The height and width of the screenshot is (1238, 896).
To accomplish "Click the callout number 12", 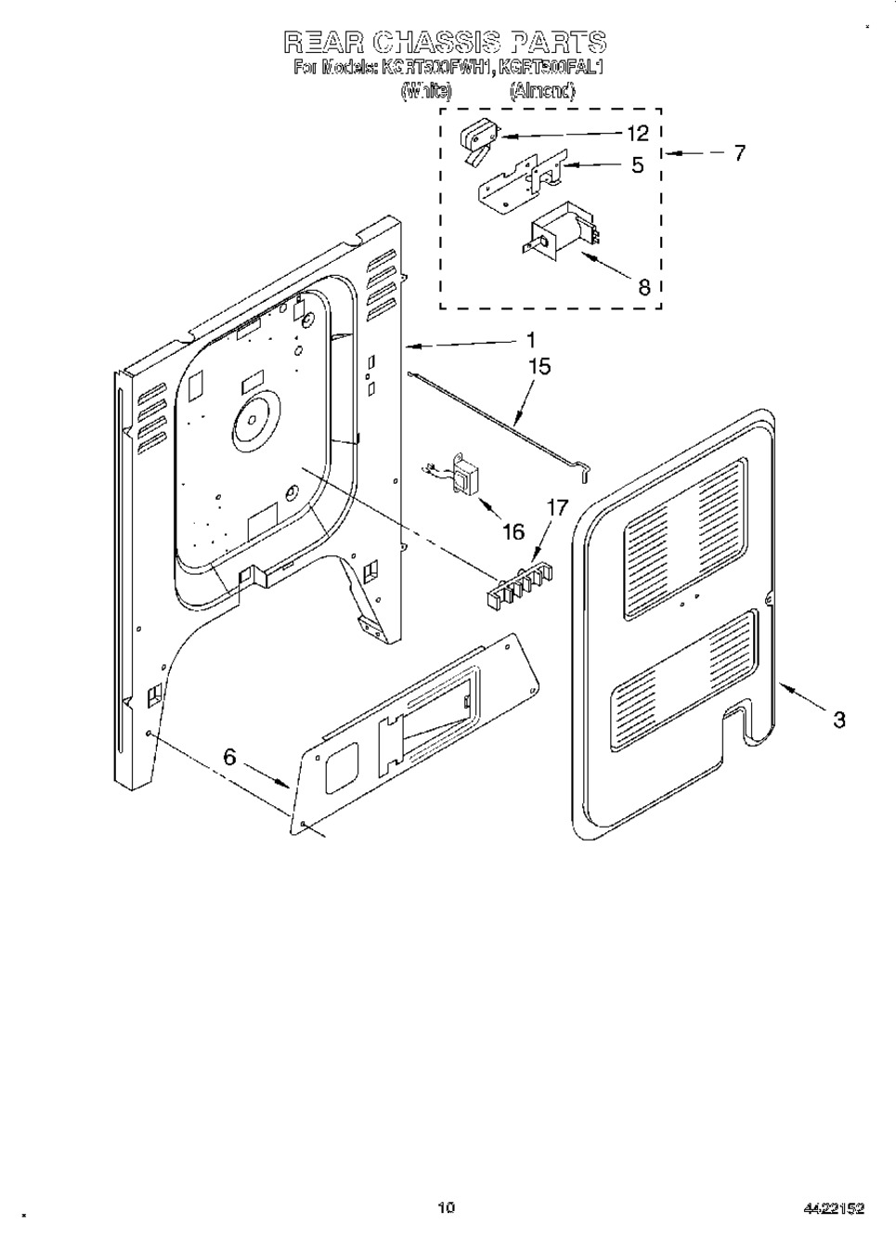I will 638,134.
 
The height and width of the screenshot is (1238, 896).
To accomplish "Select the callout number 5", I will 638,166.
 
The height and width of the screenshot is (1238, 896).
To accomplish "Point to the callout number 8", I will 644,287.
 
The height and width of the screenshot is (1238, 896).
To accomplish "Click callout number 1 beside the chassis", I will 530,341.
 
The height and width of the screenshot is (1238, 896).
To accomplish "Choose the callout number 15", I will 539,367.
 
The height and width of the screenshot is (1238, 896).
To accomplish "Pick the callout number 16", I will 513,531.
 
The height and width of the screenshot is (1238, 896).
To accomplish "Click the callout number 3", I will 838,719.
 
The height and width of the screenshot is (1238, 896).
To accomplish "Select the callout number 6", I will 229,758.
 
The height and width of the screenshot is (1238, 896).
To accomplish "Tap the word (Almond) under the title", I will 542,91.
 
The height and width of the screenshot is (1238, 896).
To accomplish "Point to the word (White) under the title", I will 426,91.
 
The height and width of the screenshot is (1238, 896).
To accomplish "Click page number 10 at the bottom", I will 447,1207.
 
